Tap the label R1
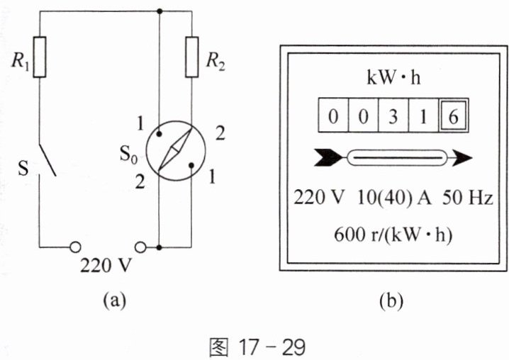click(x=21, y=61)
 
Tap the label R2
click(x=216, y=61)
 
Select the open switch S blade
click(x=47, y=159)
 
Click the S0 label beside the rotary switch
click(x=128, y=154)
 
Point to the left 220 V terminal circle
click(x=76, y=247)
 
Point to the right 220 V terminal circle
click(x=140, y=247)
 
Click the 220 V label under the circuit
click(x=106, y=266)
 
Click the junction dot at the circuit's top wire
click(x=159, y=11)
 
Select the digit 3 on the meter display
click(x=393, y=116)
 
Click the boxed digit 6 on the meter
click(x=454, y=116)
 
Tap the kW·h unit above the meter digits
click(x=393, y=77)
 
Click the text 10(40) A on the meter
click(x=394, y=198)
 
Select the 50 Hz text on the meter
click(x=467, y=198)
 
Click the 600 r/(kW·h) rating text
click(x=393, y=235)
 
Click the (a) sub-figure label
click(x=114, y=300)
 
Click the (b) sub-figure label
click(x=391, y=300)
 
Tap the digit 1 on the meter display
click(x=423, y=116)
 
